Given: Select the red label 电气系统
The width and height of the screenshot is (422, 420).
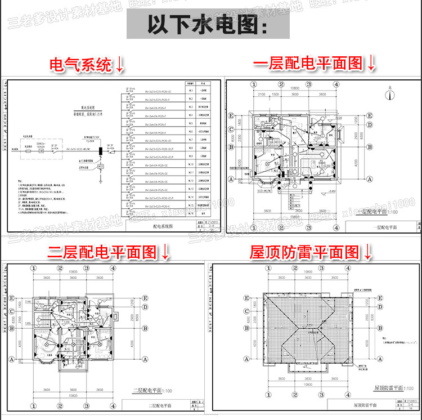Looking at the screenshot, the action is (81, 65).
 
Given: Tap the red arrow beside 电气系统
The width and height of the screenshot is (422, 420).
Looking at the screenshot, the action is (120, 64).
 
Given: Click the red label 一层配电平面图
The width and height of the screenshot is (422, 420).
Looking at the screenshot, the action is (309, 63).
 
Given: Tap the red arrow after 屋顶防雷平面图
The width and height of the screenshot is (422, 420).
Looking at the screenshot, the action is (368, 252).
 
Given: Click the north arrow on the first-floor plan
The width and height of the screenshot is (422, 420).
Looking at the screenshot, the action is (389, 94).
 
